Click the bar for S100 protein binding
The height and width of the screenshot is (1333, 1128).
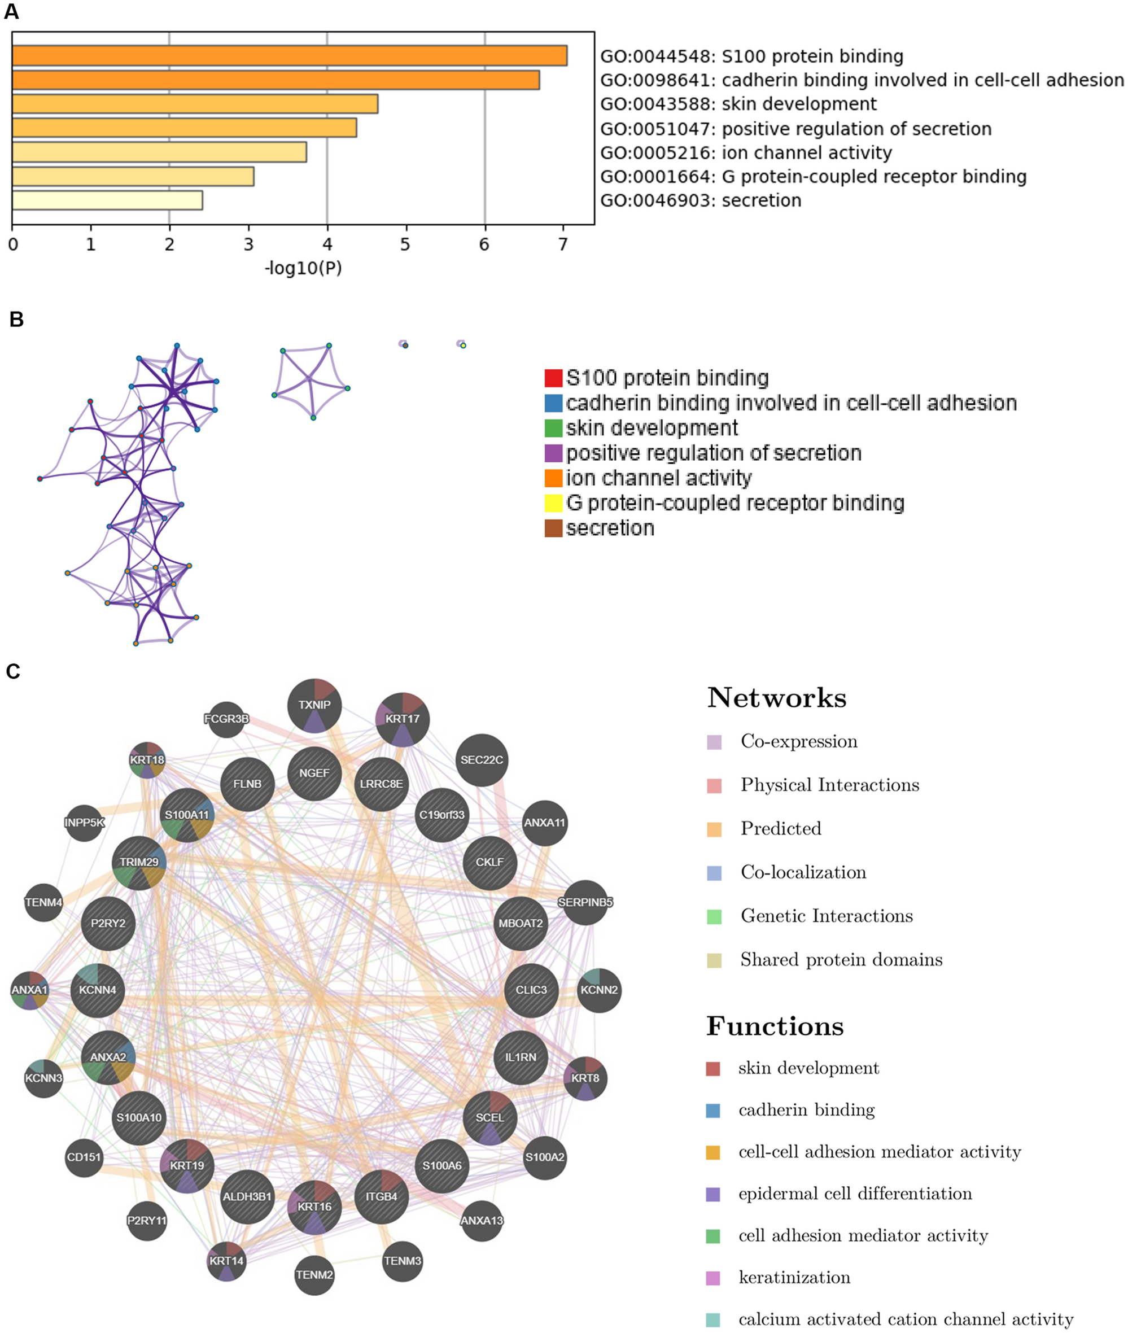click(289, 56)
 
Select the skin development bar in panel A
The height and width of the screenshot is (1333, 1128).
click(195, 103)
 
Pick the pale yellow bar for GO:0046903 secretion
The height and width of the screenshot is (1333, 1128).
click(107, 200)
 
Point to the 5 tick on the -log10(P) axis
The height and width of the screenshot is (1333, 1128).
click(405, 244)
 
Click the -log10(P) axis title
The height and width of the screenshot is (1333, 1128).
click(303, 268)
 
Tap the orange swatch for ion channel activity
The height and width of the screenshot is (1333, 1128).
click(553, 478)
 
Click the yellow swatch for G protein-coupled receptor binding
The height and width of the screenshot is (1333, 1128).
click(553, 503)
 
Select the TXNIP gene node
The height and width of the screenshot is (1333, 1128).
click(314, 705)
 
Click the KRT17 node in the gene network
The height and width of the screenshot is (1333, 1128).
click(402, 719)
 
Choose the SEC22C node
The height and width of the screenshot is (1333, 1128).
click(482, 760)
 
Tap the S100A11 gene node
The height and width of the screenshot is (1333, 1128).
click(187, 815)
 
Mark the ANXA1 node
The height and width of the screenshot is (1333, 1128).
click(29, 990)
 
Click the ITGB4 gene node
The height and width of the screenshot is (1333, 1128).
click(381, 1197)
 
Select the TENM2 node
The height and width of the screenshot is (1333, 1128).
click(314, 1275)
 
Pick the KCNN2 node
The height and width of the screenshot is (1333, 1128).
click(598, 990)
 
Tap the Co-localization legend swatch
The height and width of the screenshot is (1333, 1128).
click(714, 873)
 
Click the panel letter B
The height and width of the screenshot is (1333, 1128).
click(16, 319)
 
